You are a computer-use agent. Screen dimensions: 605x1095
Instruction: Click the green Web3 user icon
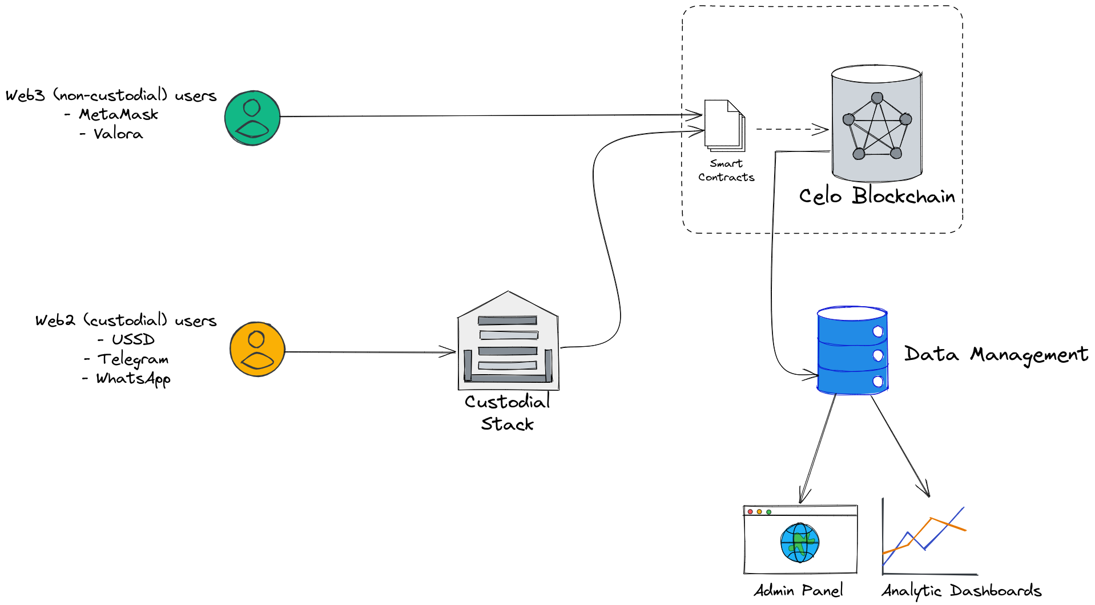(x=252, y=118)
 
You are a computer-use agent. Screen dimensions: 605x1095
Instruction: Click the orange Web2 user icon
(x=257, y=349)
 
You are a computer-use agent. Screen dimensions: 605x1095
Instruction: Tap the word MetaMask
(x=118, y=114)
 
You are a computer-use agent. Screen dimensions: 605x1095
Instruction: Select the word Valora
(x=118, y=134)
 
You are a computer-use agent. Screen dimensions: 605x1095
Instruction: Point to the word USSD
(x=133, y=339)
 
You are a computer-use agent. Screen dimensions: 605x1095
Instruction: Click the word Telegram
(x=133, y=359)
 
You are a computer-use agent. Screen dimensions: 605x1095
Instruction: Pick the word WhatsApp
(x=133, y=379)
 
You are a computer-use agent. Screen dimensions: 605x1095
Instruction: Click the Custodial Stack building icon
(x=508, y=343)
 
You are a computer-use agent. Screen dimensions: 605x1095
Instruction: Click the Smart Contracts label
(x=726, y=170)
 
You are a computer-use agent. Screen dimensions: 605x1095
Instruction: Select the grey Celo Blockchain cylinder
(x=876, y=123)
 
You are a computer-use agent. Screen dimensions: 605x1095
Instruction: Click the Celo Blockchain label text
(x=877, y=196)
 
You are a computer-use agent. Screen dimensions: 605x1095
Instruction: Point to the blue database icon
(x=852, y=350)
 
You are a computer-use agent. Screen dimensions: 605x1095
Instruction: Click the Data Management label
(x=996, y=355)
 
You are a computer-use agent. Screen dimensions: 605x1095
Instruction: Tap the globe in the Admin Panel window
(x=800, y=543)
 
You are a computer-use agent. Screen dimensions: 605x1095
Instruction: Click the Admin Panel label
(x=798, y=590)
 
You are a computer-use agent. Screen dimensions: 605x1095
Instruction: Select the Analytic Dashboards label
(x=961, y=590)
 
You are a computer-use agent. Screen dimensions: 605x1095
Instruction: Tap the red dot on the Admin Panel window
(x=750, y=512)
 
